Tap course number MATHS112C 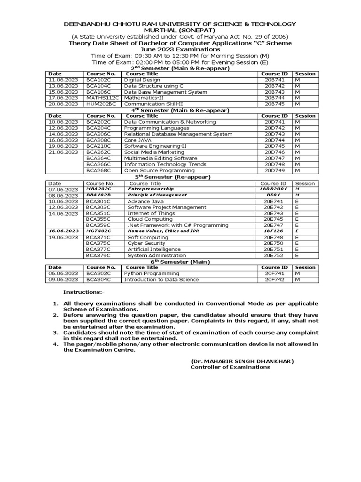pos(102,98)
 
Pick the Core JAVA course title pos(138,140)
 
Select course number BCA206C pos(98,134)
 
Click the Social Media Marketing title pos(154,153)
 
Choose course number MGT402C pos(99,231)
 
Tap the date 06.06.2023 pos(63,273)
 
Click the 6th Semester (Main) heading pos(180,262)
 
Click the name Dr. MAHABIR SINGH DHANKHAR pos(242,361)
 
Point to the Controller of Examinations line pos(230,367)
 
